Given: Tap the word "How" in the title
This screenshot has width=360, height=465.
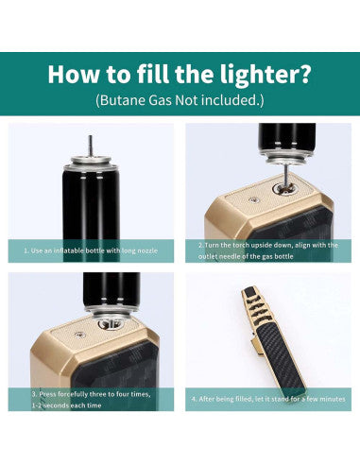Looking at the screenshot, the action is [74, 74].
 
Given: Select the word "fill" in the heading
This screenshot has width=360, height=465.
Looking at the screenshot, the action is [152, 74].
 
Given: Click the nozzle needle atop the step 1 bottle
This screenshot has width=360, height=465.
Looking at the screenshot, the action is [91, 146].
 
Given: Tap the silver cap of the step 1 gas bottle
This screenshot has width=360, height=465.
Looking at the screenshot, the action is [91, 164].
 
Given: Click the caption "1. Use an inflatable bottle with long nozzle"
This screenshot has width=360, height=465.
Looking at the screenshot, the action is [91, 250].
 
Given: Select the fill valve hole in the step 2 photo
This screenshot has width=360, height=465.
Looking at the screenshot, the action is [284, 189].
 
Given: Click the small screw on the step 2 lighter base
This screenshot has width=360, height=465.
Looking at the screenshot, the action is [252, 199].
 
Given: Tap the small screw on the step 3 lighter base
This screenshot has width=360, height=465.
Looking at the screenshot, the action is [78, 336].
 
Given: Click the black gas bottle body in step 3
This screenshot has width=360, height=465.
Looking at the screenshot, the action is [111, 289].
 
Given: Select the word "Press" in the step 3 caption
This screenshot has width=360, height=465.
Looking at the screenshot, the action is [47, 394].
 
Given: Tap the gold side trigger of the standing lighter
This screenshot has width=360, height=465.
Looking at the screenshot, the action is [257, 346].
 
